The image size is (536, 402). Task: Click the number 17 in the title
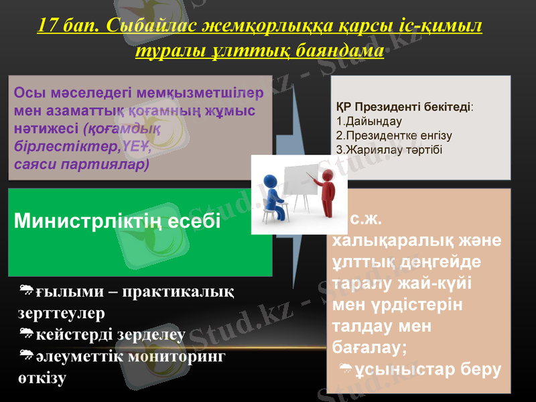(48, 26)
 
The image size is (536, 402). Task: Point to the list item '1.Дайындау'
(368, 121)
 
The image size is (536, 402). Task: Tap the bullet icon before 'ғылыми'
(27, 290)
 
